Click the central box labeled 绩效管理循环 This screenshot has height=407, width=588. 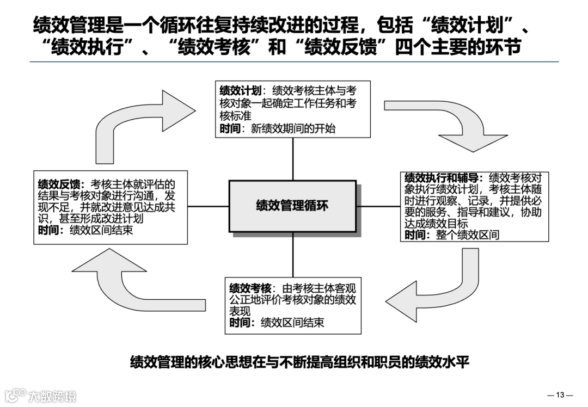coord(292,206)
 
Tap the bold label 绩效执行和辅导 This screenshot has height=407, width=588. coord(441,178)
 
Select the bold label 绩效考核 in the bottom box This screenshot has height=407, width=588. coord(250,288)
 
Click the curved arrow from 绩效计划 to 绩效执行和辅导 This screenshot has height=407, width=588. coord(446,122)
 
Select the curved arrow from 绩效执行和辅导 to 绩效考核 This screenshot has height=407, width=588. coord(436,288)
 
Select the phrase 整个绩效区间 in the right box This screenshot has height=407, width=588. coord(467,235)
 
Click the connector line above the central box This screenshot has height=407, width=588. coord(293,159)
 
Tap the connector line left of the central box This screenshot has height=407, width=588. coord(208,206)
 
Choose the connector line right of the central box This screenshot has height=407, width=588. coord(378,206)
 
